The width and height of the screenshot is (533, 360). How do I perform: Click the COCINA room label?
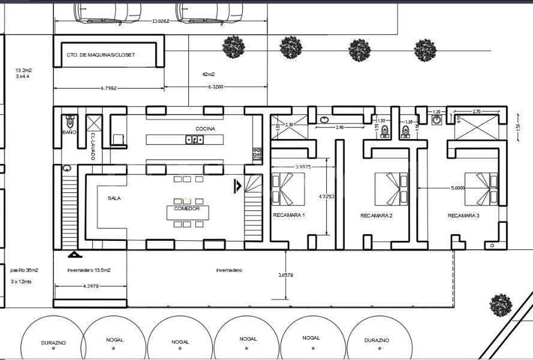(x=205, y=129)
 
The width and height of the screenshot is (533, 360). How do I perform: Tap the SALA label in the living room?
(x=115, y=198)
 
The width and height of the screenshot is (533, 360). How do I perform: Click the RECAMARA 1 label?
(x=289, y=216)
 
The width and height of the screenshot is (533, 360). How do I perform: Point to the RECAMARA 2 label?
(x=377, y=216)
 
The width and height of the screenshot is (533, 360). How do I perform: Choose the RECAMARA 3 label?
(x=464, y=216)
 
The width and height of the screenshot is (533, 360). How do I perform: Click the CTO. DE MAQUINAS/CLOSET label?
(x=101, y=55)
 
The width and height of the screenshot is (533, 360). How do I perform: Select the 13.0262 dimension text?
(x=161, y=21)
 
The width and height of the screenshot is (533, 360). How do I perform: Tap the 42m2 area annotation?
(x=209, y=75)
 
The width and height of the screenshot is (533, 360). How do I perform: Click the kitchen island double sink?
(x=195, y=140)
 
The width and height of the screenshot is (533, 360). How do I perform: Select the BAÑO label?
(x=70, y=132)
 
